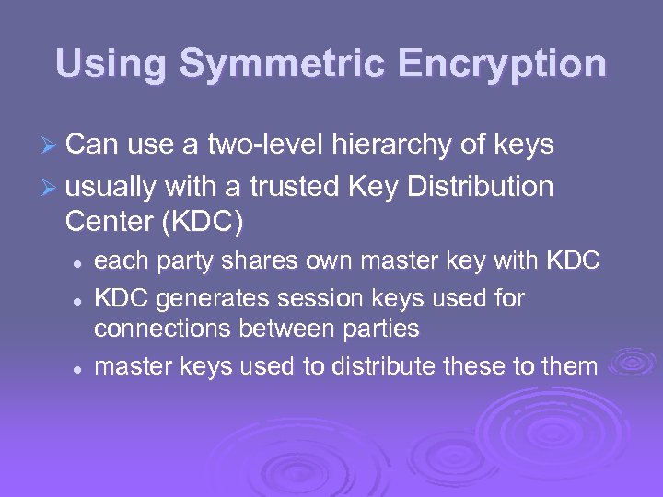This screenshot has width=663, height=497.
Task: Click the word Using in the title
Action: [110, 64]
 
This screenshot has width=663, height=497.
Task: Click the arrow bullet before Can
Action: [54, 145]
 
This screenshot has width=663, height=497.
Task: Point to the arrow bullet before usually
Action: [54, 187]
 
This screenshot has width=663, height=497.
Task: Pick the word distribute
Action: [386, 366]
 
